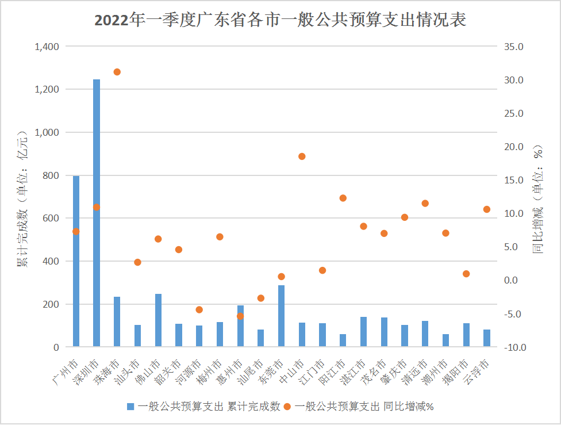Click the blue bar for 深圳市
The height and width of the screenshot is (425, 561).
97,213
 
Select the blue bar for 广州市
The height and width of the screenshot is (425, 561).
76,261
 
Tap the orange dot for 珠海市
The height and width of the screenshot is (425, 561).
117,72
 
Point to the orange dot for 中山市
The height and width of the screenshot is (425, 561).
302,156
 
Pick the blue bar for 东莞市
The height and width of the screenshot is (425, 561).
282,316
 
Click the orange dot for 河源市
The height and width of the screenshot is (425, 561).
199,309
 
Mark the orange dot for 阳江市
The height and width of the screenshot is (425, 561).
343,198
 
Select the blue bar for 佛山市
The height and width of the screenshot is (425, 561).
158,320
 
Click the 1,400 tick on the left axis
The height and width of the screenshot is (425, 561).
47,47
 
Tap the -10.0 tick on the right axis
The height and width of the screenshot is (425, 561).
513,347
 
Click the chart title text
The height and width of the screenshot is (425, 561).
280,20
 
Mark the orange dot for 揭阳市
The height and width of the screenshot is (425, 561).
466,274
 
